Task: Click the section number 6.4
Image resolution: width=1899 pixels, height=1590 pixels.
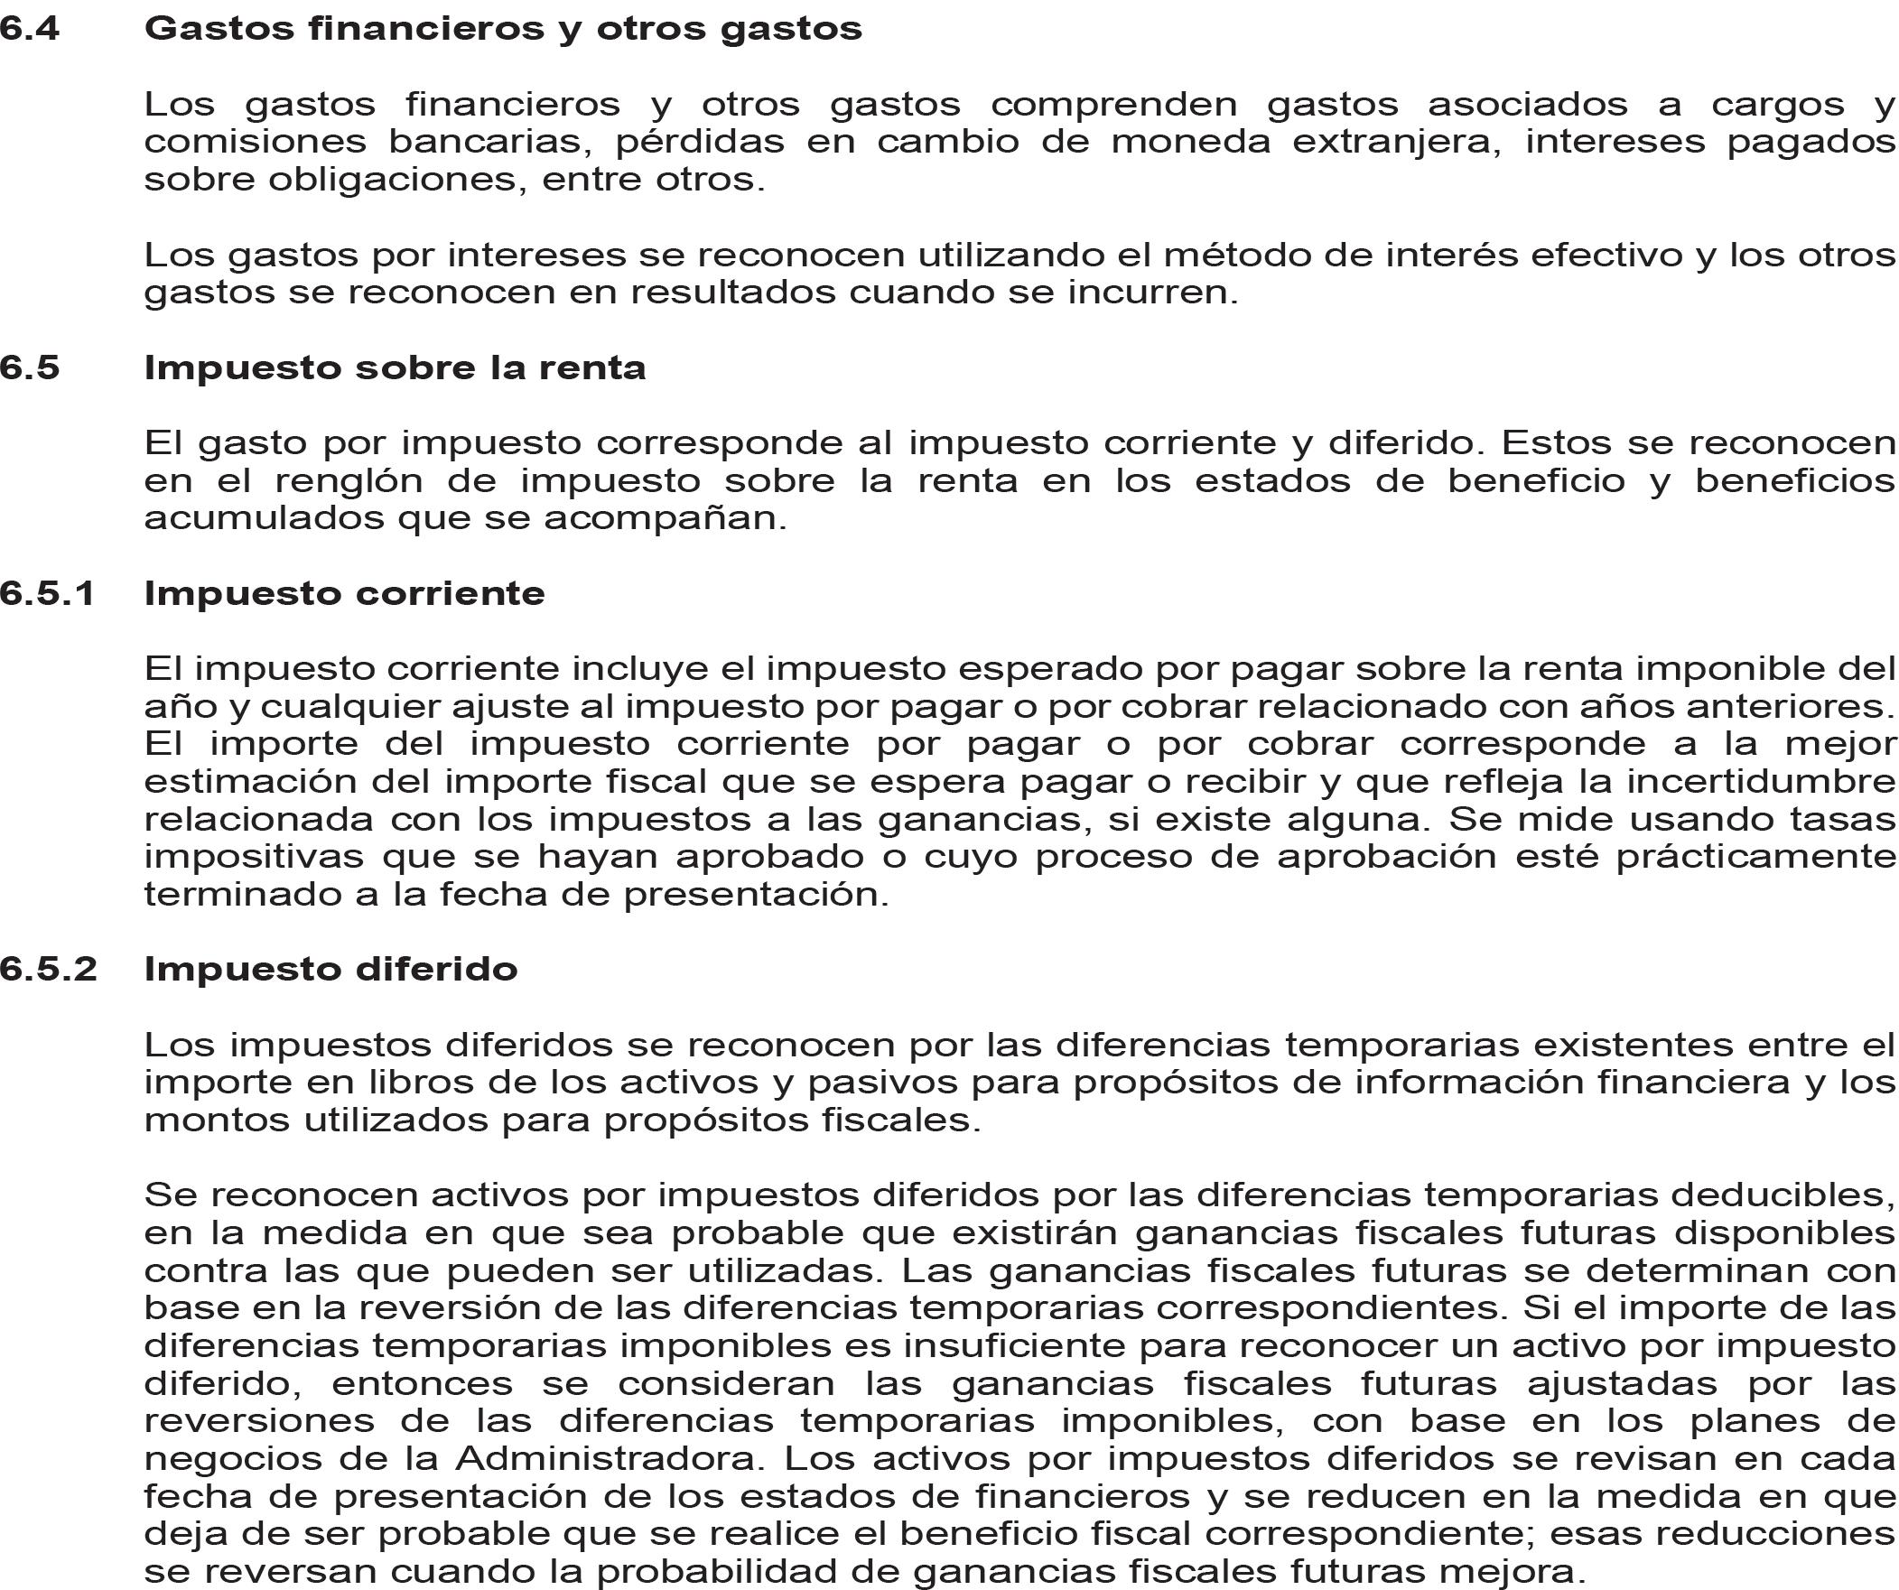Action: (30, 29)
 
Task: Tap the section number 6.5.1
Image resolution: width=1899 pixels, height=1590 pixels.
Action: (48, 593)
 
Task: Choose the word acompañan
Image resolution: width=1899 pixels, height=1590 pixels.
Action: (666, 519)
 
